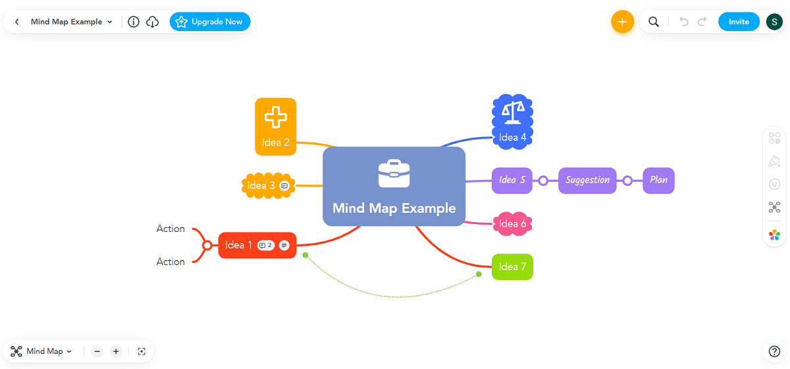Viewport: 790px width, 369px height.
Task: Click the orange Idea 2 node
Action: [275, 127]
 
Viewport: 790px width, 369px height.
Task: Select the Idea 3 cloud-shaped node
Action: [261, 186]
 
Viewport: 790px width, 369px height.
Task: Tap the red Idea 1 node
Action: [238, 245]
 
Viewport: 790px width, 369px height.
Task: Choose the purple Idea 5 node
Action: [512, 180]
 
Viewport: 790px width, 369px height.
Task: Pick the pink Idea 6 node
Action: [512, 223]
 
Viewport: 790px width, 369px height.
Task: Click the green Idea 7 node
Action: [512, 267]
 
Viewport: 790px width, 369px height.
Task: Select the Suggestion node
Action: [587, 180]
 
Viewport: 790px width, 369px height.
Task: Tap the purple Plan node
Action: [658, 180]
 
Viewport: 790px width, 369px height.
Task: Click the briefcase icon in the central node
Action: [394, 174]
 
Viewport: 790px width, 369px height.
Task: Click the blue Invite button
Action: [739, 22]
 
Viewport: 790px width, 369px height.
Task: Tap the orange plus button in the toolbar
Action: [622, 22]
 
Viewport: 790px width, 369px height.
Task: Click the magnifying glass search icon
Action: [654, 22]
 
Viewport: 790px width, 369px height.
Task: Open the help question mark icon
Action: [774, 351]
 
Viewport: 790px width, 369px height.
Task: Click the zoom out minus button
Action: [97, 351]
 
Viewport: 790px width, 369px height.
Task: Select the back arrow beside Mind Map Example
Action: [17, 22]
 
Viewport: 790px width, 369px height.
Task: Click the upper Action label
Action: [171, 229]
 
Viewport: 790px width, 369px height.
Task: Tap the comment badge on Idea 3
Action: [284, 186]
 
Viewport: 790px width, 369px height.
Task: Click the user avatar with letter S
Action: [774, 22]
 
